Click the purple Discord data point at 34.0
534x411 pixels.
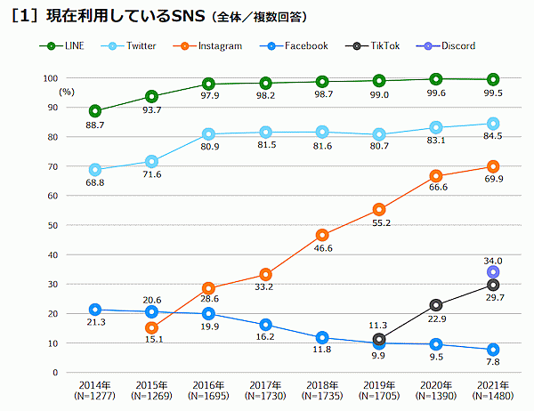pos(493,272)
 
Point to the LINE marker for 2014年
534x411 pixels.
pos(94,111)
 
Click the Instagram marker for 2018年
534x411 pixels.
pos(322,236)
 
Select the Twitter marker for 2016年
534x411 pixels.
pos(208,134)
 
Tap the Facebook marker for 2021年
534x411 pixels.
pos(493,350)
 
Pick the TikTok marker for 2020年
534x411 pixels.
pos(436,305)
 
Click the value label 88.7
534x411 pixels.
pos(95,126)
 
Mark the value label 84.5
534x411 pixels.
pos(492,137)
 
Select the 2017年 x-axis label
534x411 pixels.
pos(265,383)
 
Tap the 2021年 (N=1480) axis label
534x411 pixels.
pos(493,389)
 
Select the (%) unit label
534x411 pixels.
pos(67,91)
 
